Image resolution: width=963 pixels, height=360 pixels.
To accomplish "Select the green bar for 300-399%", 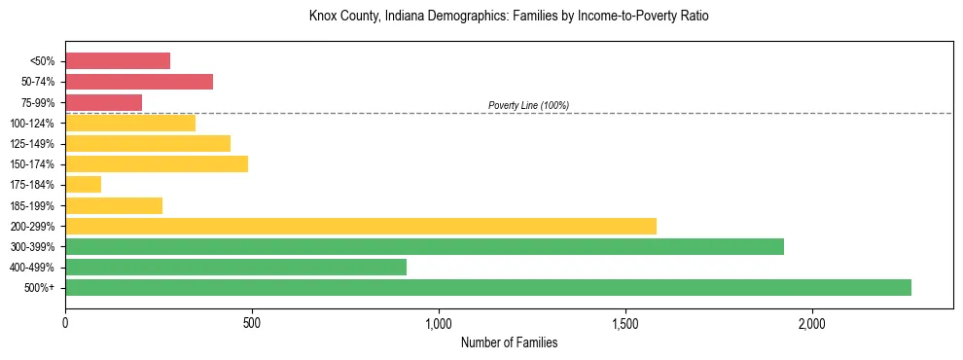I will [424, 246].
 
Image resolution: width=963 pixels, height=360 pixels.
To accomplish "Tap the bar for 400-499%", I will [235, 267].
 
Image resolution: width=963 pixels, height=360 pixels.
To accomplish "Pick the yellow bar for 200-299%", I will [361, 226].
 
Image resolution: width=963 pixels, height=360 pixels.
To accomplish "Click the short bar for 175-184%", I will [83, 185].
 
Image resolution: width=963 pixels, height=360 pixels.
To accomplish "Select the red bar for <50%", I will [118, 61].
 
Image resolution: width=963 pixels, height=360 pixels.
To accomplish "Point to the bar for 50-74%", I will [139, 82].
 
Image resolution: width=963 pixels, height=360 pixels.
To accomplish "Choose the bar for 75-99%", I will [103, 102].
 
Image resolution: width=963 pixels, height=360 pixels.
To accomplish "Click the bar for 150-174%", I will [157, 163].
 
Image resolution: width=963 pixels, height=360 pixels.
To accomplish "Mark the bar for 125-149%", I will [148, 143].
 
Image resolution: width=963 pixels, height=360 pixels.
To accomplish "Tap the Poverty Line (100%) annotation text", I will [528, 105].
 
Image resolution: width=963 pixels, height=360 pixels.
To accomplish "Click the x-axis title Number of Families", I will [509, 342].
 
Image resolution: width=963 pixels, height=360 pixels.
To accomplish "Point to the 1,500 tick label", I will [624, 322].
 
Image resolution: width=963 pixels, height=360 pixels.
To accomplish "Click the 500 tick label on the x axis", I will [252, 322].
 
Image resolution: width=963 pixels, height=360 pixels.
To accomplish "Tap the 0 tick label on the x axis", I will [65, 322].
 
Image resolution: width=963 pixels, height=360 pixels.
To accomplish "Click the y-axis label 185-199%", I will [34, 205].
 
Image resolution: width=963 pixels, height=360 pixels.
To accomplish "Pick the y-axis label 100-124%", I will [34, 123].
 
